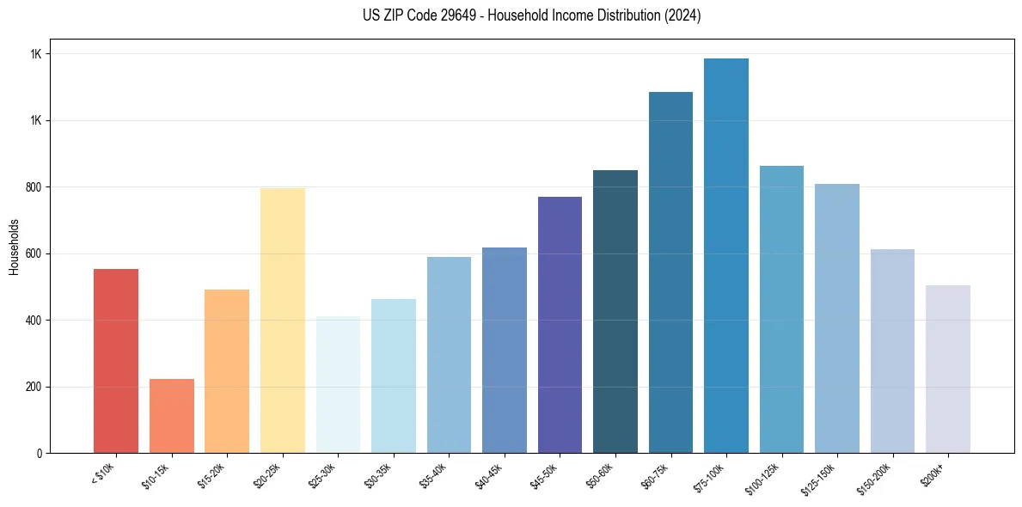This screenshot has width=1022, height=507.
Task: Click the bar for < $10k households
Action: pos(116,361)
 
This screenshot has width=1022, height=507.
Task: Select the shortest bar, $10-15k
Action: pos(171,416)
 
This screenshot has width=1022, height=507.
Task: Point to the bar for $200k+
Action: pos(948,370)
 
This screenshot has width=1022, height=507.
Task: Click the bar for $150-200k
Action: pos(892,351)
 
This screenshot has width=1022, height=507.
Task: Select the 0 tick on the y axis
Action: pos(40,453)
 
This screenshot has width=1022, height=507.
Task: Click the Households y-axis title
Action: pos(14,246)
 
